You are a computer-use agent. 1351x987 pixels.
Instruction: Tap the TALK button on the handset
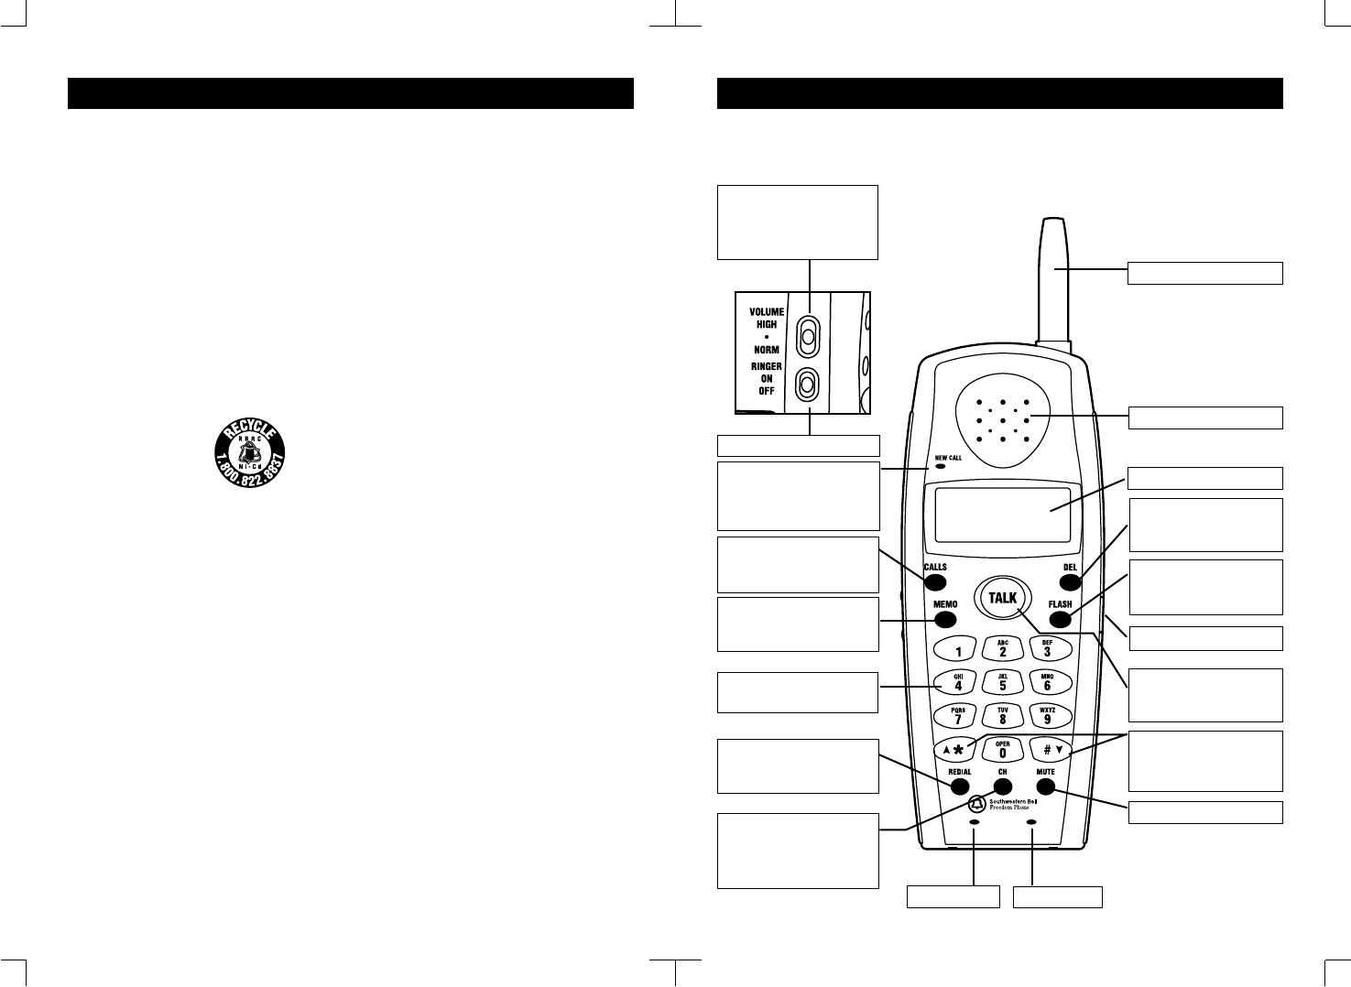tap(1003, 598)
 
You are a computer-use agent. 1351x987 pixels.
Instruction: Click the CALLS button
tap(936, 580)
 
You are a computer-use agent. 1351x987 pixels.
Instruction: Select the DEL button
tap(1070, 580)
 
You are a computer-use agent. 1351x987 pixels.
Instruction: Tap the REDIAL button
tap(959, 786)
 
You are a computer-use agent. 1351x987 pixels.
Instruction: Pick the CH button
tap(1003, 786)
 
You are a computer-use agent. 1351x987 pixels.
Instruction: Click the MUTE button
tap(1046, 786)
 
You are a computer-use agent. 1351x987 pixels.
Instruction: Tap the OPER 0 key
tap(1002, 750)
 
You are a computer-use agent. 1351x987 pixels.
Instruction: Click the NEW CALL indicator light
tap(940, 466)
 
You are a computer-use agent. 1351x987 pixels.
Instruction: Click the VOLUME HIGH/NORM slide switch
tap(807, 335)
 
